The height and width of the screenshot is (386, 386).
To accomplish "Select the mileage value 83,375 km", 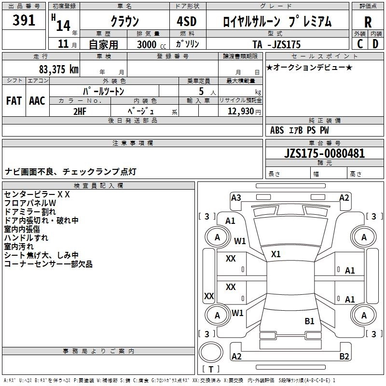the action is (x=58, y=69).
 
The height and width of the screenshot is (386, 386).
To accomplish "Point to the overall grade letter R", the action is (x=368, y=22).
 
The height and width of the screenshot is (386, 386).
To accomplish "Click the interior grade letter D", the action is (x=375, y=44).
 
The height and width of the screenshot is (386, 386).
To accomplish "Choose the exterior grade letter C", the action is (x=359, y=44).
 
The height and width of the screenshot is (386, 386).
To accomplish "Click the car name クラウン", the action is (x=124, y=22).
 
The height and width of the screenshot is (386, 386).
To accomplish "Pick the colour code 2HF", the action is (x=80, y=110).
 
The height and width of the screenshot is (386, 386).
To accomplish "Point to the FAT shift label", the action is (x=14, y=101).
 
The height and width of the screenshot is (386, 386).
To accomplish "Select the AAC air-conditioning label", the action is (x=37, y=101).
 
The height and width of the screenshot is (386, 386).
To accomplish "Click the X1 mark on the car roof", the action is (x=276, y=254).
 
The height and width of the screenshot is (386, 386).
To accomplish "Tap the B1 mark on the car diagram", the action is (x=309, y=321).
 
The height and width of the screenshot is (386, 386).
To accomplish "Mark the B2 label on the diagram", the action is (x=344, y=357).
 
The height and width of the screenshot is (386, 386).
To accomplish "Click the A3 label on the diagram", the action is (x=236, y=197).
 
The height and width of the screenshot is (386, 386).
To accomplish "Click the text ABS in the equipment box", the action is (x=277, y=130).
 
